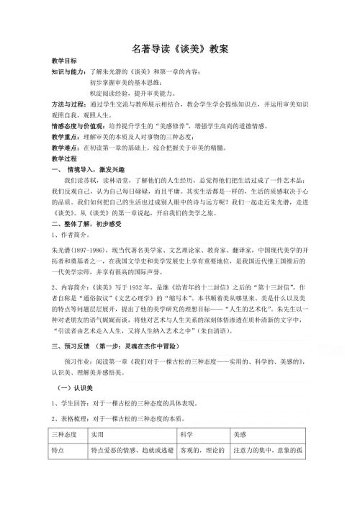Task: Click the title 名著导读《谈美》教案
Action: (181, 49)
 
